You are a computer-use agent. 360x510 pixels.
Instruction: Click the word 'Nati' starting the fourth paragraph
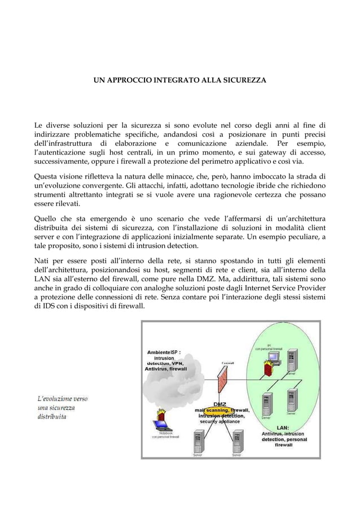click(x=43, y=260)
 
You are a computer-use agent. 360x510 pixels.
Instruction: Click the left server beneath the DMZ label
click(x=198, y=441)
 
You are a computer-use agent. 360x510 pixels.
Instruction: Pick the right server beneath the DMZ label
click(x=238, y=441)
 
